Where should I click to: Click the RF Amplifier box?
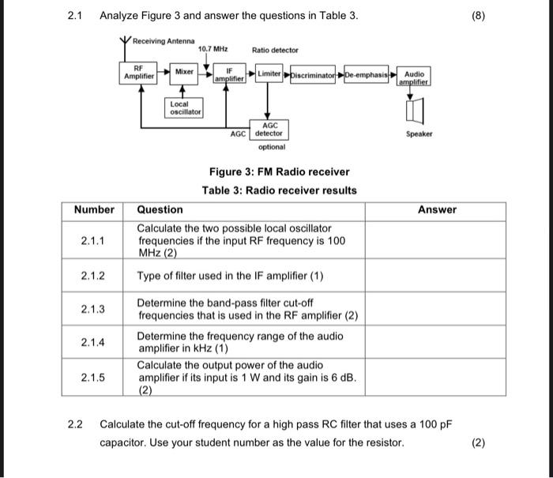pyautogui.click(x=138, y=73)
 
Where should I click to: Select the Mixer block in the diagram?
pyautogui.click(x=185, y=72)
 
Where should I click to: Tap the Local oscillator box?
pyautogui.click(x=185, y=107)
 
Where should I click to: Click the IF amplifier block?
pyautogui.click(x=228, y=74)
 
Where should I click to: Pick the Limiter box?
pyautogui.click(x=269, y=73)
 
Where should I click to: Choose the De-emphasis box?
pyautogui.click(x=367, y=73)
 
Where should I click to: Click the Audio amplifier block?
pyautogui.click(x=413, y=77)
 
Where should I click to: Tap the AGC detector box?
pyautogui.click(x=269, y=129)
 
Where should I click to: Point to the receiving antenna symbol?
pyautogui.click(x=124, y=43)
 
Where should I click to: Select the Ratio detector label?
pyautogui.click(x=275, y=50)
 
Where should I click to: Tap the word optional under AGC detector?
pyautogui.click(x=271, y=147)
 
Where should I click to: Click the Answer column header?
pyautogui.click(x=437, y=209)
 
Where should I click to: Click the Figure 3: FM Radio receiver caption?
pyautogui.click(x=279, y=171)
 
